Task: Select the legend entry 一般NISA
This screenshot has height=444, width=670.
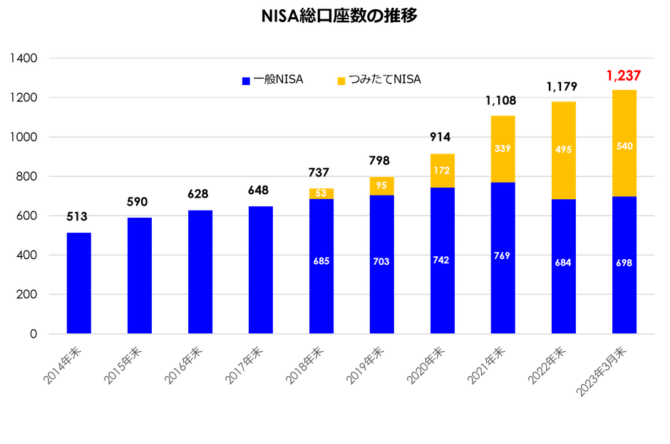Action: tap(273, 79)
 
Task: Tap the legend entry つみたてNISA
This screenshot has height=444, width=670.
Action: tap(378, 79)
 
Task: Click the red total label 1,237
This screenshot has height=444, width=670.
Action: tap(624, 75)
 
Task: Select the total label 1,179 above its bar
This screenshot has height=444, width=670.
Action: tap(562, 87)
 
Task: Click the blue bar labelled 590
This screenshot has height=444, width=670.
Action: tap(139, 275)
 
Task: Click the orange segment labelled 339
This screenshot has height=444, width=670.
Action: tap(502, 149)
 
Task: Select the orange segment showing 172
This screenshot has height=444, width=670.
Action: tap(442, 171)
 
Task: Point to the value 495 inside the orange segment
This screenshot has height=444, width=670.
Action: tap(563, 148)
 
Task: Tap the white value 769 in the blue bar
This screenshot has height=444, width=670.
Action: tap(502, 256)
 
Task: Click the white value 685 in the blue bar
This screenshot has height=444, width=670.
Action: tap(321, 261)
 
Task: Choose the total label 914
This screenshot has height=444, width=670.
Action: tap(442, 136)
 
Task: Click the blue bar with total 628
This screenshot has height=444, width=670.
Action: tap(200, 271)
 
